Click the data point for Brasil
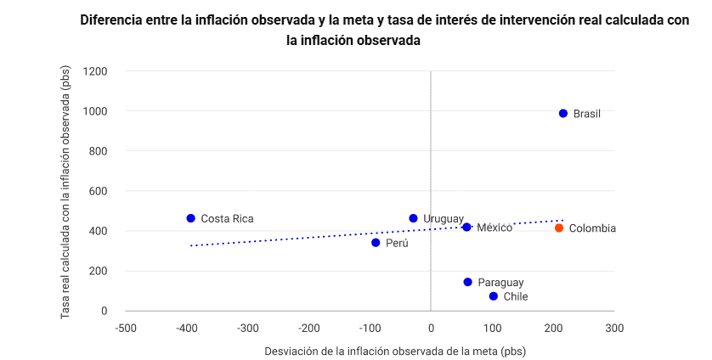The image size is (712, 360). pyautogui.click(x=562, y=113)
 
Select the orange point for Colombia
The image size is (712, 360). pyautogui.click(x=559, y=228)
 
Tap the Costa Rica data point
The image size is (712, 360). pyautogui.click(x=191, y=218)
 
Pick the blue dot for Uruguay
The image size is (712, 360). pyautogui.click(x=414, y=218)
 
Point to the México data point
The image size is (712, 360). pyautogui.click(x=466, y=227)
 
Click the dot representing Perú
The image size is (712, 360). pyautogui.click(x=376, y=243)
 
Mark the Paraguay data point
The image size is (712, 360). pyautogui.click(x=467, y=282)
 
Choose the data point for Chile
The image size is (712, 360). pyautogui.click(x=494, y=296)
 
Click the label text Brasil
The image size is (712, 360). pyautogui.click(x=587, y=114)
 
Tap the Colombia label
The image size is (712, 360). pyautogui.click(x=592, y=228)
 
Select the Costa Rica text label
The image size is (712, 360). pyautogui.click(x=227, y=219)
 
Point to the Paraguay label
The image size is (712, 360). pyautogui.click(x=500, y=283)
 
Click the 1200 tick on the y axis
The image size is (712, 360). pyautogui.click(x=95, y=71)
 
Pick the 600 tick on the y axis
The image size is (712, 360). pyautogui.click(x=99, y=191)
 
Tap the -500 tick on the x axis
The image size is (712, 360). pyautogui.click(x=125, y=328)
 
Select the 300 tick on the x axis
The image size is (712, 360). pyautogui.click(x=614, y=328)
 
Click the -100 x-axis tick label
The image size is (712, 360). pyautogui.click(x=370, y=328)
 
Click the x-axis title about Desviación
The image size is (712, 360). pyautogui.click(x=370, y=351)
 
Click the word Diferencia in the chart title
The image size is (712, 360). pyautogui.click(x=118, y=20)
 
